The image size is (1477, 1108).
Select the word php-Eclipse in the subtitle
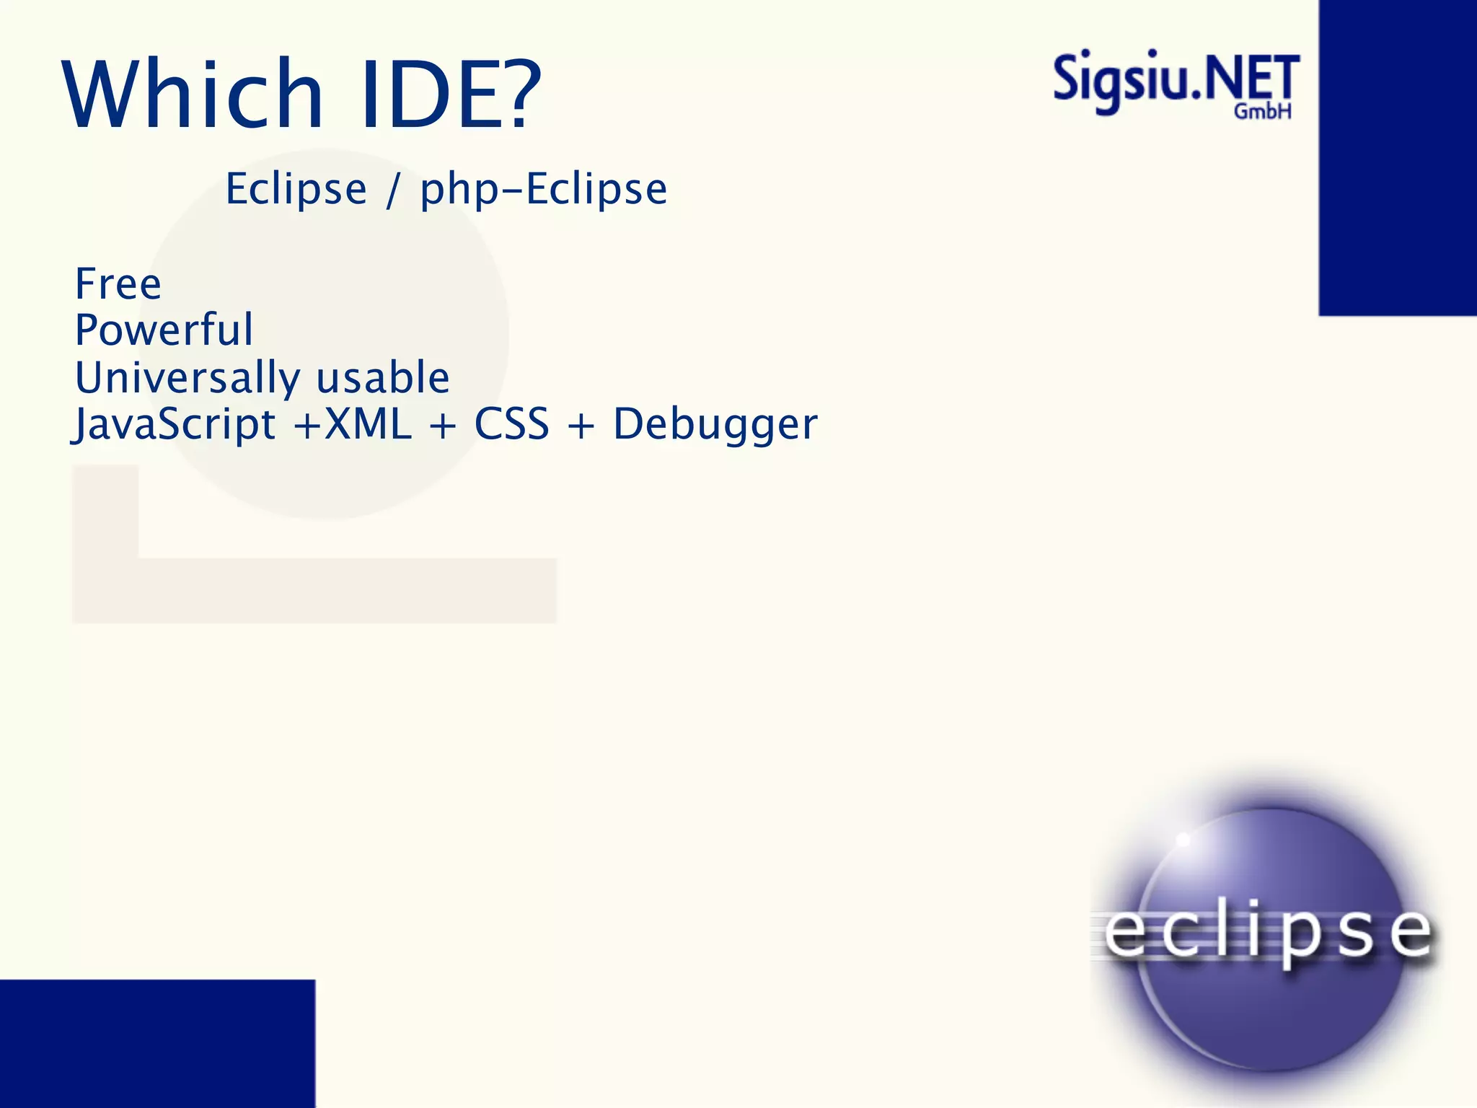544,190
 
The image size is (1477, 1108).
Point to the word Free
118,283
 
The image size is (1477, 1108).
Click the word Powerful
164,330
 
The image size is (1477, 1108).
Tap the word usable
383,378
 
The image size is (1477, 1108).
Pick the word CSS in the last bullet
511,424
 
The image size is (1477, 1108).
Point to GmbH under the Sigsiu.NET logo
1262,112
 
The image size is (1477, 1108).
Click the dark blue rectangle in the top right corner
1398,157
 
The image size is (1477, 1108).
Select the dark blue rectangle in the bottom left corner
157,1043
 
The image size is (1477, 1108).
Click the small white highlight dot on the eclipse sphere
1183,840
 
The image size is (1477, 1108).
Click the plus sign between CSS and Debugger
581,426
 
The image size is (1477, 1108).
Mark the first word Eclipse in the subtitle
296,190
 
